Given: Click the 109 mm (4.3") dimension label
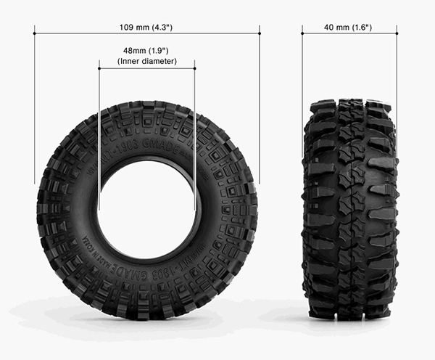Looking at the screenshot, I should [x=146, y=27].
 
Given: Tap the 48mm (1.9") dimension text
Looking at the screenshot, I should [x=146, y=52].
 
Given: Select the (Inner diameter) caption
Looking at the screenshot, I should [x=146, y=62].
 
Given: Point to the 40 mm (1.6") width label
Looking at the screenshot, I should [x=349, y=27].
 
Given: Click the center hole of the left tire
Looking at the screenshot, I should [x=148, y=210].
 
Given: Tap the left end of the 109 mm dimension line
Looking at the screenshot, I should [x=35, y=33].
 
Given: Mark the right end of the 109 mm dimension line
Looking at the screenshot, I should [x=259, y=33].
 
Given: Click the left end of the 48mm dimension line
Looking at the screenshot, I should [x=99, y=68].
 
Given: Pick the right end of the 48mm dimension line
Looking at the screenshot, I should [x=195, y=68].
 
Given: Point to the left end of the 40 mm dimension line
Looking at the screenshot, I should [x=302, y=33].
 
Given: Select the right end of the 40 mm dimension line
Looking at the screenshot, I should [x=397, y=33].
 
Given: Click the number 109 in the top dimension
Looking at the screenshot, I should [x=126, y=27].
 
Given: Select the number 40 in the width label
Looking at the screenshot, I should [x=330, y=27].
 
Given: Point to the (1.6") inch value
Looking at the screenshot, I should [x=361, y=27].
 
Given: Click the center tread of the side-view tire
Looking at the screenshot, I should [x=349, y=210].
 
